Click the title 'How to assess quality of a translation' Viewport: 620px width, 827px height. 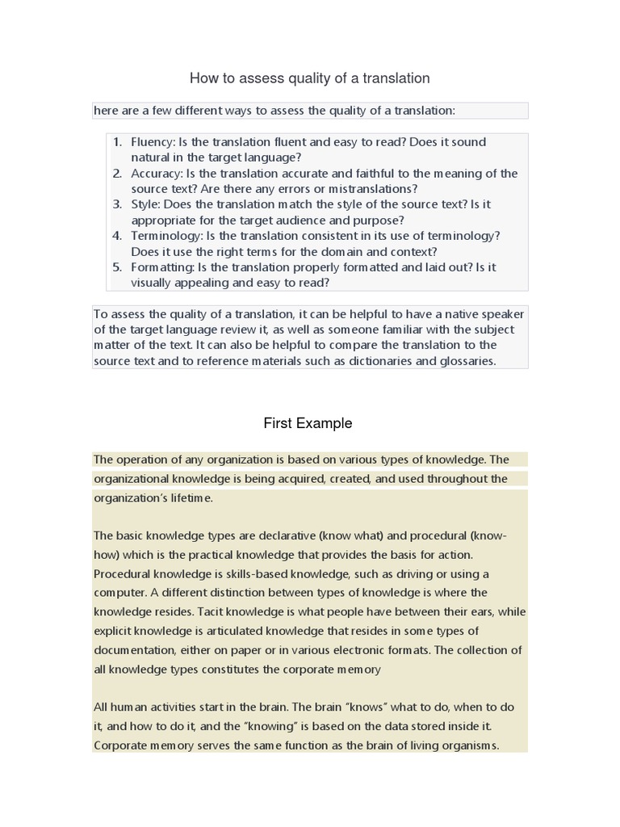tap(309, 78)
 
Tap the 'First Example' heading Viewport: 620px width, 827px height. tap(308, 423)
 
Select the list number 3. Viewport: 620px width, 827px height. tap(117, 204)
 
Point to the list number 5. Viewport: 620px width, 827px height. tap(117, 267)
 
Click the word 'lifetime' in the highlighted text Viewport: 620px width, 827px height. tap(187, 498)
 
